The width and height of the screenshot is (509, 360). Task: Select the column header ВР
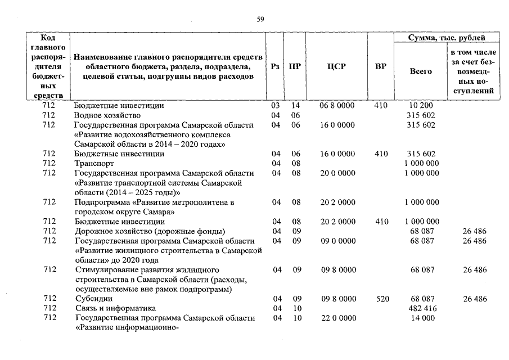381,66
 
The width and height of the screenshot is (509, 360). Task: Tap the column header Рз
275,66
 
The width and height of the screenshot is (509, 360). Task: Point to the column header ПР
294,66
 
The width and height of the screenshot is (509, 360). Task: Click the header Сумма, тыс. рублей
447,38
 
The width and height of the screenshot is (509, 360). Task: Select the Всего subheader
421,71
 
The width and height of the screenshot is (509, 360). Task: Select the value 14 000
421,318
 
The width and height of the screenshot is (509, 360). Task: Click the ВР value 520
382,299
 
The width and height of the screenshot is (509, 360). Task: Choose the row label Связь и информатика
115,308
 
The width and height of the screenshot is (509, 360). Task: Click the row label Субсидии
93,299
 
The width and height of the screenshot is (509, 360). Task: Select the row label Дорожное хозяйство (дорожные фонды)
149,231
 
